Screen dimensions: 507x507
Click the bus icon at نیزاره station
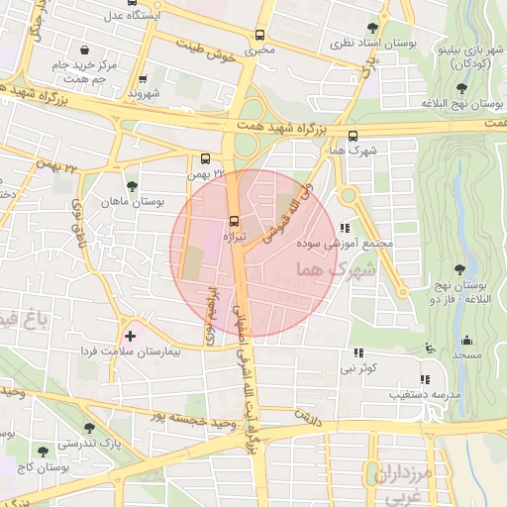[x=235, y=220]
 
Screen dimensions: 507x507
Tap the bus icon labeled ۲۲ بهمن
[x=205, y=157]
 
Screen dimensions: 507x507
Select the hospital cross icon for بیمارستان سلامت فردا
[x=130, y=337]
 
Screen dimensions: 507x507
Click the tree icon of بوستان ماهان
[x=133, y=185]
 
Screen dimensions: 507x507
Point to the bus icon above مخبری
[x=260, y=32]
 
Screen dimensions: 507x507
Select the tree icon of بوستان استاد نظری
[x=372, y=28]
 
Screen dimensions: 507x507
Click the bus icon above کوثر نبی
[x=359, y=353]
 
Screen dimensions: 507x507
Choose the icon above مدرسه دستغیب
[x=425, y=378]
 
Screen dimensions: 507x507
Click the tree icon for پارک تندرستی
[x=89, y=428]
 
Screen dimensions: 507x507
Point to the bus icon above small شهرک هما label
[x=354, y=137]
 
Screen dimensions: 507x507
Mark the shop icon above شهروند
[x=144, y=78]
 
